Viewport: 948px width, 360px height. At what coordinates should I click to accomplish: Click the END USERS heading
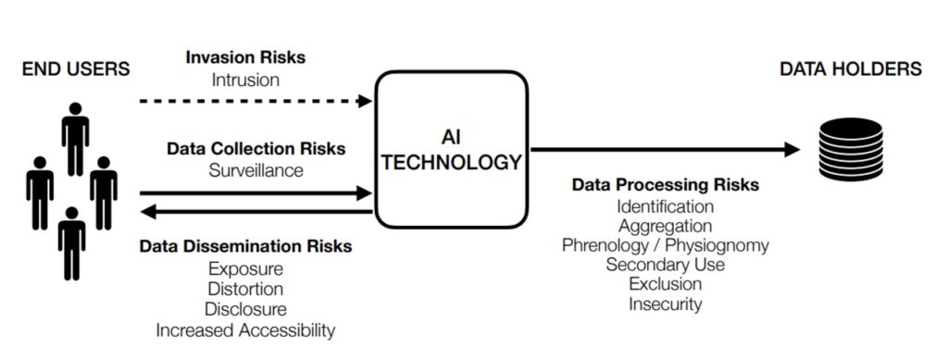pos(76,68)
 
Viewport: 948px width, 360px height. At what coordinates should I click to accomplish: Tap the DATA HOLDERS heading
pos(851,68)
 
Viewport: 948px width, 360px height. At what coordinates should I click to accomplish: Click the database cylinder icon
pos(851,149)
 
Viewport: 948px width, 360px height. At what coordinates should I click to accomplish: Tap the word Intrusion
pos(245,80)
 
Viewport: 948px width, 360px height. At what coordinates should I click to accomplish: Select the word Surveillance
pos(256,170)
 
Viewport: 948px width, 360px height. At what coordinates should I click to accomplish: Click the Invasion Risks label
pos(245,57)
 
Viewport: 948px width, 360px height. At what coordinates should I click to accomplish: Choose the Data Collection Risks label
pos(256,148)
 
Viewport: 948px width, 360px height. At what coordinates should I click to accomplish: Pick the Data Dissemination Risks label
pos(245,246)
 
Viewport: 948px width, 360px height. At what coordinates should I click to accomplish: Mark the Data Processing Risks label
pos(665,184)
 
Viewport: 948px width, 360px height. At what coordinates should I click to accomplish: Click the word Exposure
pos(245,268)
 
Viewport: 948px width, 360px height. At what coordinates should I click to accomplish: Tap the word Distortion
pos(245,290)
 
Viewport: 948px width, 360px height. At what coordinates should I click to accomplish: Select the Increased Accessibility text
pos(245,330)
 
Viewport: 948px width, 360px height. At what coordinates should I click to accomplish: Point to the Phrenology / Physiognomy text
pos(665,245)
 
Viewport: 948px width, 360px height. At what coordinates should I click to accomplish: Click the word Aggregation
pos(665,226)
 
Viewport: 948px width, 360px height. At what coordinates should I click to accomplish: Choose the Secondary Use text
pos(665,265)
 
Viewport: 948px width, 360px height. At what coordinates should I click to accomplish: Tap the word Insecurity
pos(665,304)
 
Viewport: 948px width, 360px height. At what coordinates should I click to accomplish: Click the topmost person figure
pos(75,139)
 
